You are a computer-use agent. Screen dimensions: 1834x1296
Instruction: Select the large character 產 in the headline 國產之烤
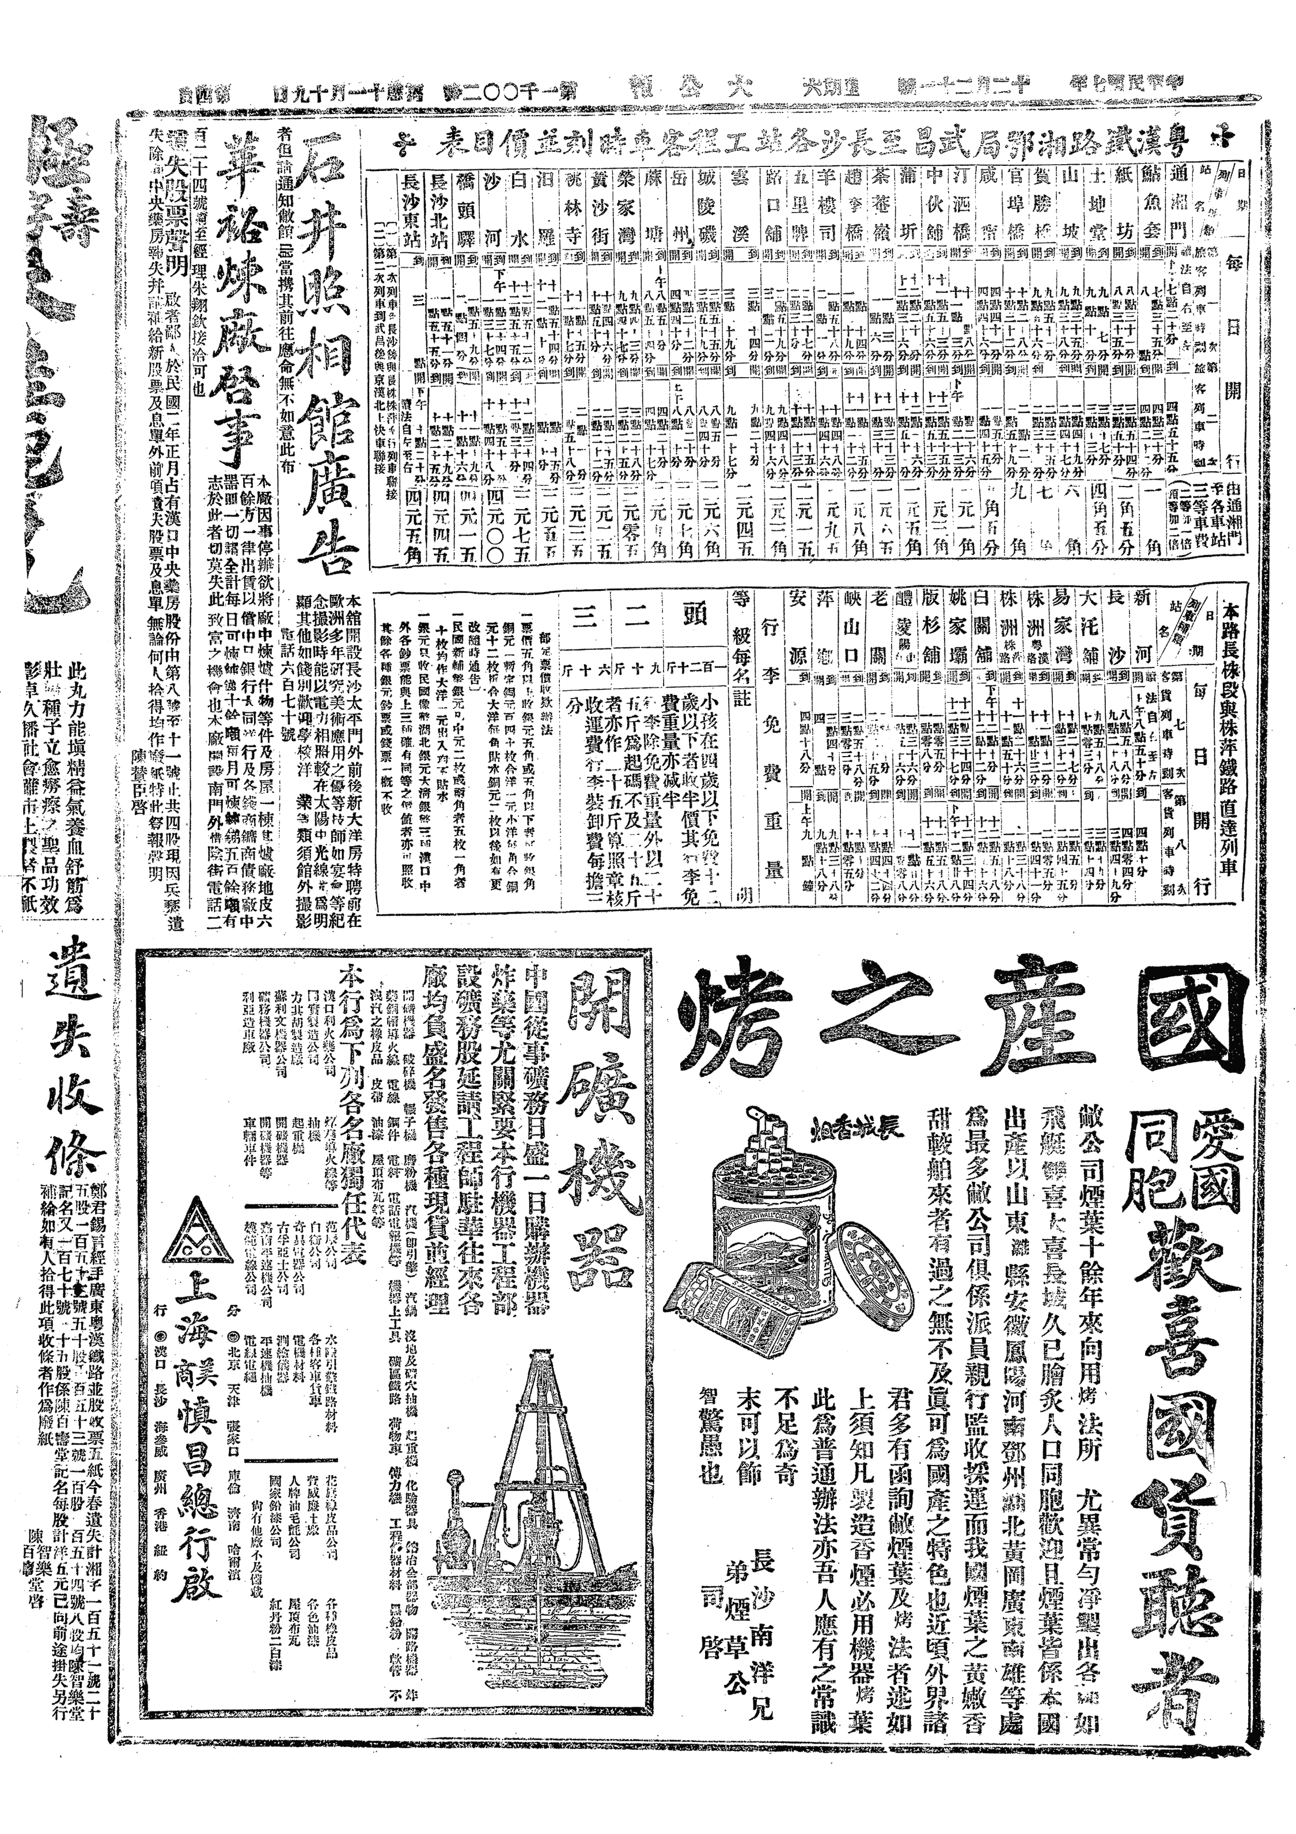tap(1028, 1023)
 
